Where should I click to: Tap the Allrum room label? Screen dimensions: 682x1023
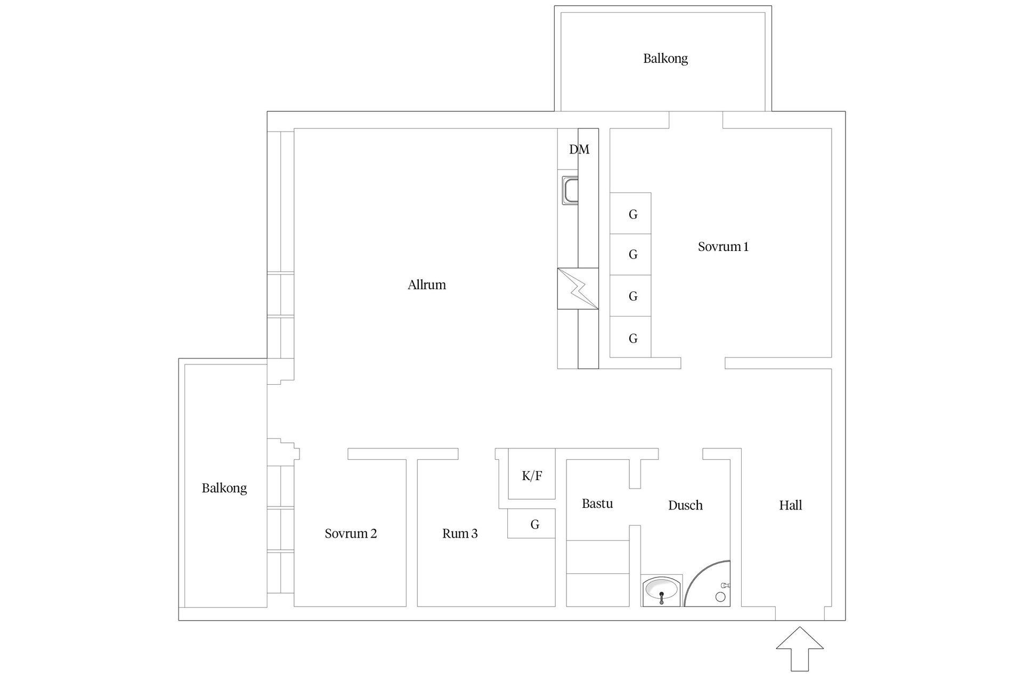click(x=427, y=285)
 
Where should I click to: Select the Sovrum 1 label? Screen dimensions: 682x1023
click(x=723, y=247)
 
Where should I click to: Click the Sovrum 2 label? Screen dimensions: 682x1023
click(x=351, y=533)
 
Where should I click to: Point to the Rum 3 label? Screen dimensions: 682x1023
click(x=460, y=533)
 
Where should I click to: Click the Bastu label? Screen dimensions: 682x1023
click(x=597, y=504)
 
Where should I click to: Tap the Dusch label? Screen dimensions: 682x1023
click(x=685, y=505)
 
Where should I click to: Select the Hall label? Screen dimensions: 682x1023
click(x=790, y=505)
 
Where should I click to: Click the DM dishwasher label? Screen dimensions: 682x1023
click(x=579, y=150)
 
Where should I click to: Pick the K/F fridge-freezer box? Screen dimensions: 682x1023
click(x=532, y=475)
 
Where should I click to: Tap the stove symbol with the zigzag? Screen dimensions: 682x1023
click(x=578, y=288)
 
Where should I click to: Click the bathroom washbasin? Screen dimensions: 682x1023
click(x=661, y=590)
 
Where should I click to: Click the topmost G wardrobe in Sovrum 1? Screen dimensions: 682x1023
click(x=632, y=214)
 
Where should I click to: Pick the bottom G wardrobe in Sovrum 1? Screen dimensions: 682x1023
click(x=632, y=338)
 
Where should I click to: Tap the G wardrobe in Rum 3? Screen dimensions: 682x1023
click(x=534, y=524)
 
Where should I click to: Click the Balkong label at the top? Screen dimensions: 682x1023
click(x=665, y=58)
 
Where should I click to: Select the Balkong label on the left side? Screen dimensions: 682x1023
click(x=224, y=488)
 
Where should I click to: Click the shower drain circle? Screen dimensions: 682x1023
click(x=720, y=597)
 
